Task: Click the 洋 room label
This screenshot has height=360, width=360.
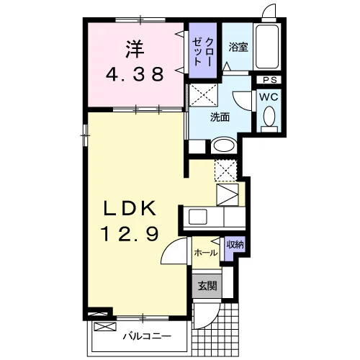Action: click(x=135, y=50)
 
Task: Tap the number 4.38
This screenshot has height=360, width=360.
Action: click(x=135, y=74)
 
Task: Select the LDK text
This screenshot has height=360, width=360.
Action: click(x=130, y=208)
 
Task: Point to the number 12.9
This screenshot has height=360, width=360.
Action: click(x=130, y=234)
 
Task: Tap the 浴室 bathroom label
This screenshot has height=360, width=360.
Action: click(x=238, y=48)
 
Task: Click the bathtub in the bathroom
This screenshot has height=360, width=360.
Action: click(x=267, y=47)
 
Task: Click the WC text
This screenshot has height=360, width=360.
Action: click(x=269, y=96)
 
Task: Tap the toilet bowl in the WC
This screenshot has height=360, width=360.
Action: click(x=269, y=116)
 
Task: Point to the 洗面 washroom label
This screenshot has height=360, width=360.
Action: click(x=220, y=117)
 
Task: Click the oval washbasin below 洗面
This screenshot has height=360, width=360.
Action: click(x=224, y=145)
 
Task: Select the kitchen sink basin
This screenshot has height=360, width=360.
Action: click(x=198, y=217)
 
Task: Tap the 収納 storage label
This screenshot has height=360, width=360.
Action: click(x=235, y=245)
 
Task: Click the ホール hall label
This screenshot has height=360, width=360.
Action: click(x=206, y=253)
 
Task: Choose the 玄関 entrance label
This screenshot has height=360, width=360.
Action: click(x=207, y=286)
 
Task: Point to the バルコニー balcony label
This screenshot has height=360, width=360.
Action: click(x=147, y=336)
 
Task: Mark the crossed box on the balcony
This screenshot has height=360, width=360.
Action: click(x=105, y=327)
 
